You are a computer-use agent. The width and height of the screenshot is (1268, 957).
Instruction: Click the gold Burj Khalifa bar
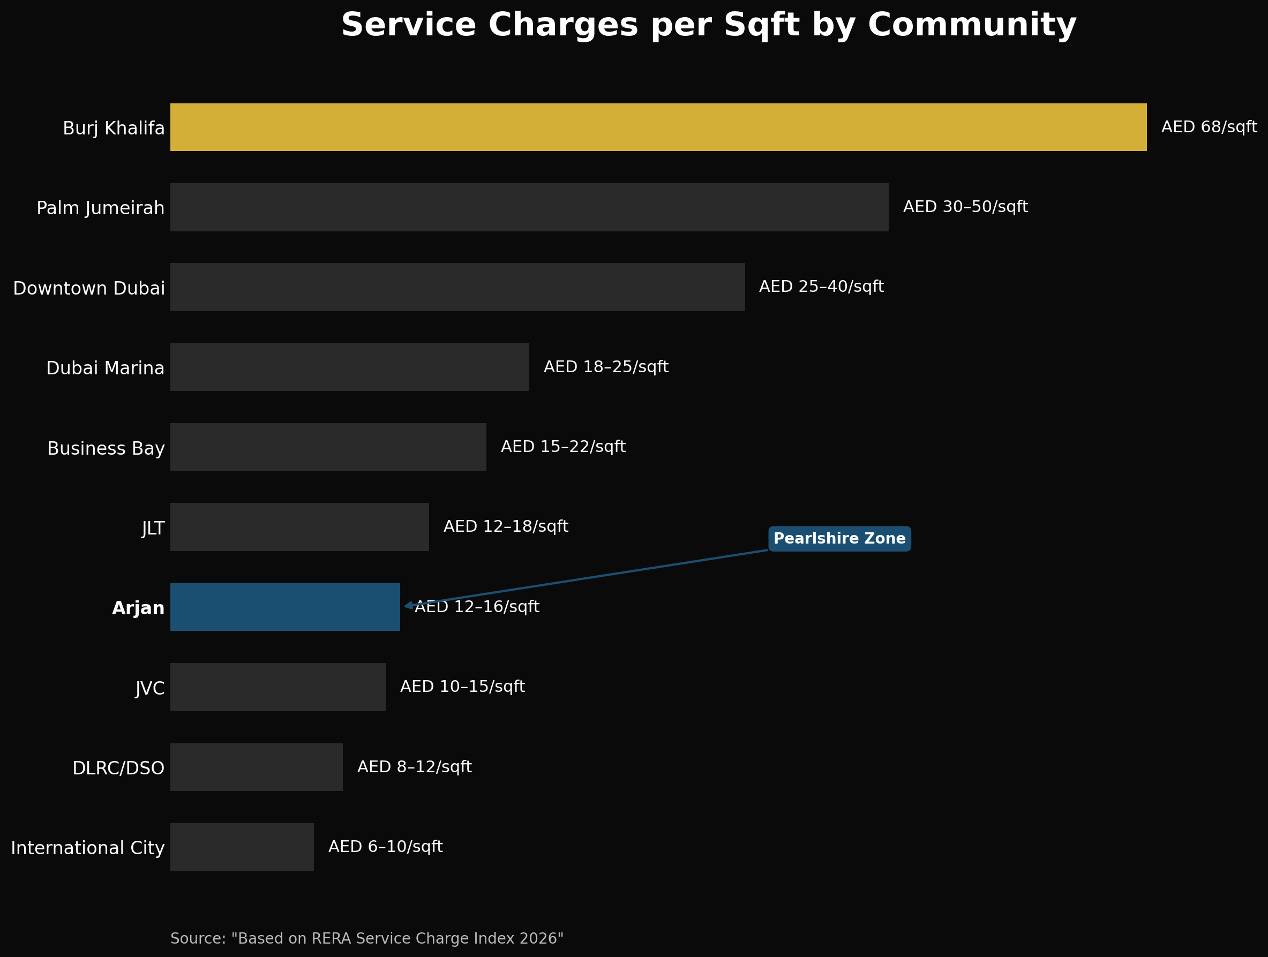point(658,127)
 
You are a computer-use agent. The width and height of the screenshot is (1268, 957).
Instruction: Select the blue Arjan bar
point(285,607)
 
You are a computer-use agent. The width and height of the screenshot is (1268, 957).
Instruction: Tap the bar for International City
point(242,847)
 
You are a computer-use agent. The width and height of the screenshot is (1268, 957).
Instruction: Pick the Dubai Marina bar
point(350,367)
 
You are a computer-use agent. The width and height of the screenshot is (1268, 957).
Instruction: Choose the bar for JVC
point(277,687)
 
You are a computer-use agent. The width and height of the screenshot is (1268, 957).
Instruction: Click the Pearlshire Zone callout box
point(839,539)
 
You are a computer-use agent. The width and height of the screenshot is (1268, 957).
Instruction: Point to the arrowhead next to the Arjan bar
point(408,606)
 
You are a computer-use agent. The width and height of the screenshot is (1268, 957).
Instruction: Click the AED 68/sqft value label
point(1209,127)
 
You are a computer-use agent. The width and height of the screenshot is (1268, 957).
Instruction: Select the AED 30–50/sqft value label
point(965,207)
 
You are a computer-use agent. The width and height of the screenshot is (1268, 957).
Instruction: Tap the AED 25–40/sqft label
point(821,287)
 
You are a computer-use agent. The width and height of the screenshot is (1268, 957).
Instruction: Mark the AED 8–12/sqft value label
point(414,767)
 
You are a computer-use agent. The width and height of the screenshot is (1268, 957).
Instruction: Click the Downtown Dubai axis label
point(89,288)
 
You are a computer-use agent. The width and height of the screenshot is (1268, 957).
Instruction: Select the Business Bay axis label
point(106,448)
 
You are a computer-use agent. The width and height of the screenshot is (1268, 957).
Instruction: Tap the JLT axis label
point(153,529)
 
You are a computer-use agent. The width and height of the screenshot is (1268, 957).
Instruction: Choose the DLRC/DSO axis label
point(118,768)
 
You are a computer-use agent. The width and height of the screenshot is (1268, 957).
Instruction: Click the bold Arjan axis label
point(138,608)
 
